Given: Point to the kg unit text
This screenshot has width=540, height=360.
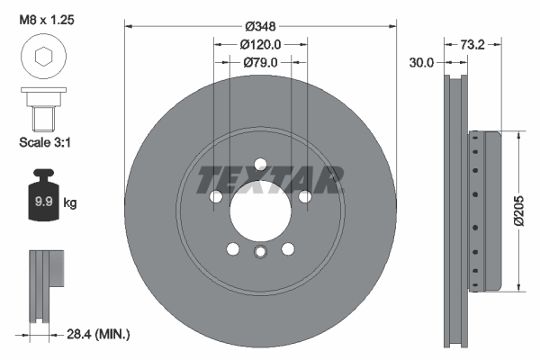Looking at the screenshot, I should [x=69, y=203].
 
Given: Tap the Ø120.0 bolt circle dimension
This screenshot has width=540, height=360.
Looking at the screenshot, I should [x=260, y=43].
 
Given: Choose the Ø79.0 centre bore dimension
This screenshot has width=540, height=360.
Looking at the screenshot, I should [x=260, y=62].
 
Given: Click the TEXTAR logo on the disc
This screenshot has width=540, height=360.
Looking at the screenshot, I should [x=271, y=179].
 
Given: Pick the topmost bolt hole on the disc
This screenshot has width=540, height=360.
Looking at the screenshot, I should [x=260, y=164].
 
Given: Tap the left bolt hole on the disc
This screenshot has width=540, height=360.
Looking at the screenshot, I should [x=216, y=196].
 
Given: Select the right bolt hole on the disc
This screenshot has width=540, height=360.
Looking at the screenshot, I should [x=305, y=196].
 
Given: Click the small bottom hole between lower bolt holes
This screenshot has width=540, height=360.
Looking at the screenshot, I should [x=260, y=252].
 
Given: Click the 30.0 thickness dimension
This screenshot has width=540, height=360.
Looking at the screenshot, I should [x=421, y=62].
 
